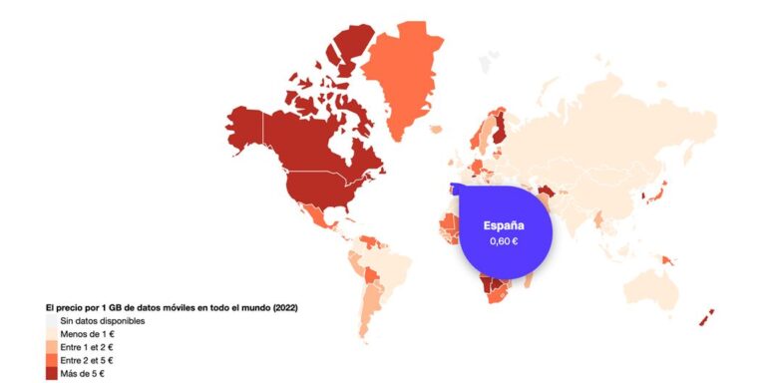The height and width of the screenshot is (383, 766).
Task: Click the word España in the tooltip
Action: tap(504, 225)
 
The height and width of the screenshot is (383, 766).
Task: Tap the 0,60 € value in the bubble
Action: tap(504, 242)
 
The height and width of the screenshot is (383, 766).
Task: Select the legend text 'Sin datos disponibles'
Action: tap(103, 321)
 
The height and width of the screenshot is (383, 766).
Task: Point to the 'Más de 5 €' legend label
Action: tap(83, 373)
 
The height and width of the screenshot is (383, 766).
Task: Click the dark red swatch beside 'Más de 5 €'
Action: tap(51, 373)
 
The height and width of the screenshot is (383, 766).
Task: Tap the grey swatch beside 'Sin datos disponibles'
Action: tap(51, 321)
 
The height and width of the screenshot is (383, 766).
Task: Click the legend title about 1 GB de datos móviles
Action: tap(172, 307)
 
